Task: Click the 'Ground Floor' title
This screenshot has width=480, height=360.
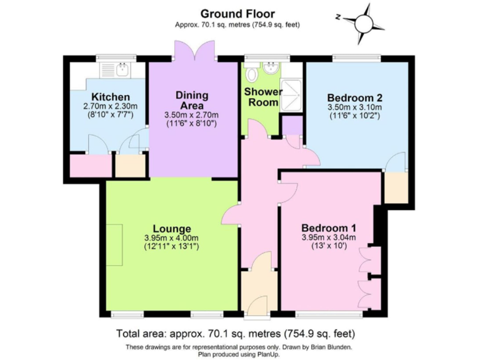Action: (x=237, y=13)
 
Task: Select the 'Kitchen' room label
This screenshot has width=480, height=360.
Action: (x=111, y=97)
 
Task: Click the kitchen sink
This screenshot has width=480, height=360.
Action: (x=121, y=69)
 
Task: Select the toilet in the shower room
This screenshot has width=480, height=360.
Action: (x=252, y=75)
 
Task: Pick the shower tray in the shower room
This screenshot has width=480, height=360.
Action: (x=292, y=94)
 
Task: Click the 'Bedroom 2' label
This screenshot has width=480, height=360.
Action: (x=354, y=98)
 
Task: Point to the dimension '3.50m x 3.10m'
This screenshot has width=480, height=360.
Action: (x=354, y=108)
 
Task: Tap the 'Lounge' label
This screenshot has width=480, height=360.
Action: (x=171, y=228)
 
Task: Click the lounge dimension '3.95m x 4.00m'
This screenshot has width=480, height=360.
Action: (x=171, y=237)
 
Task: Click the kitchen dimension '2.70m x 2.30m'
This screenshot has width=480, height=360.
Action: (x=111, y=106)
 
